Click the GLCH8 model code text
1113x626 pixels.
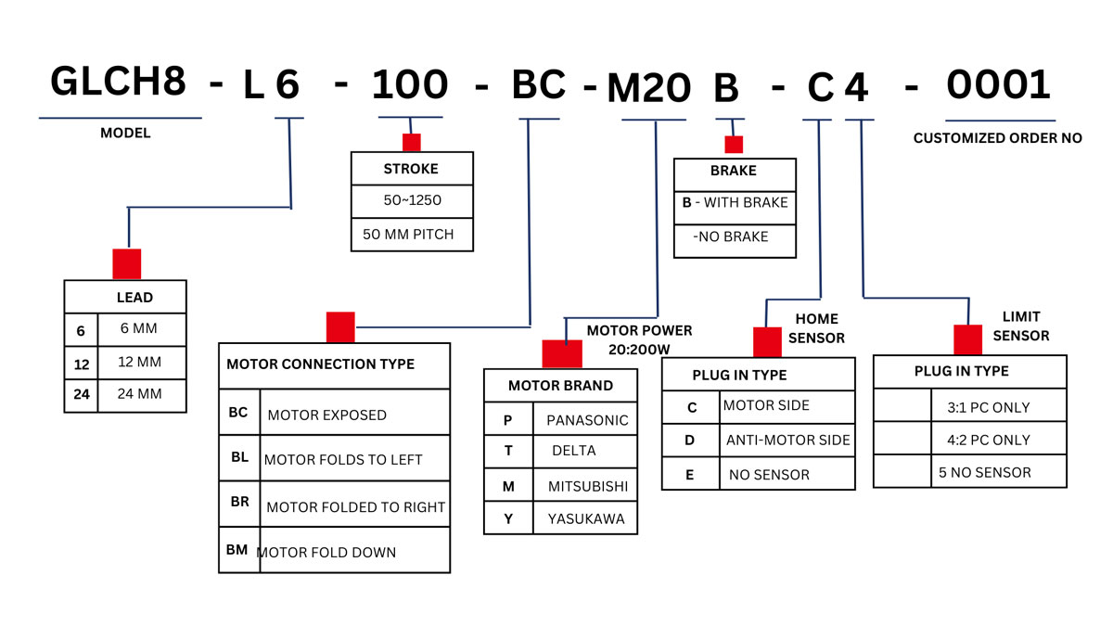(118, 82)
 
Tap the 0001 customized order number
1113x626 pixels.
(998, 85)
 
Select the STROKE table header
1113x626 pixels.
(411, 169)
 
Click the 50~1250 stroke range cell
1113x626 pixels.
(411, 199)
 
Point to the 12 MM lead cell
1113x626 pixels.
(140, 362)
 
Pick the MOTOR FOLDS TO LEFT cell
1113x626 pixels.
(343, 459)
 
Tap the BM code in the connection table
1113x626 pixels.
(237, 549)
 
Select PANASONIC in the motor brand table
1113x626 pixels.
(587, 420)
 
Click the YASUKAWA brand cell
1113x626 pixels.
(586, 518)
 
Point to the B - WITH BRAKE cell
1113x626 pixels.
(735, 202)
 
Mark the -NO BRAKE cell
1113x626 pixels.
(731, 236)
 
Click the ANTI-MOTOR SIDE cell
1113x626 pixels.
(787, 440)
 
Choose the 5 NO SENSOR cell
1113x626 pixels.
(984, 472)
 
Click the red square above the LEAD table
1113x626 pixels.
(126, 263)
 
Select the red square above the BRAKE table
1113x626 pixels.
(734, 145)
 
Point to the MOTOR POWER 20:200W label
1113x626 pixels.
(639, 339)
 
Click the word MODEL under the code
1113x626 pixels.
(125, 133)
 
